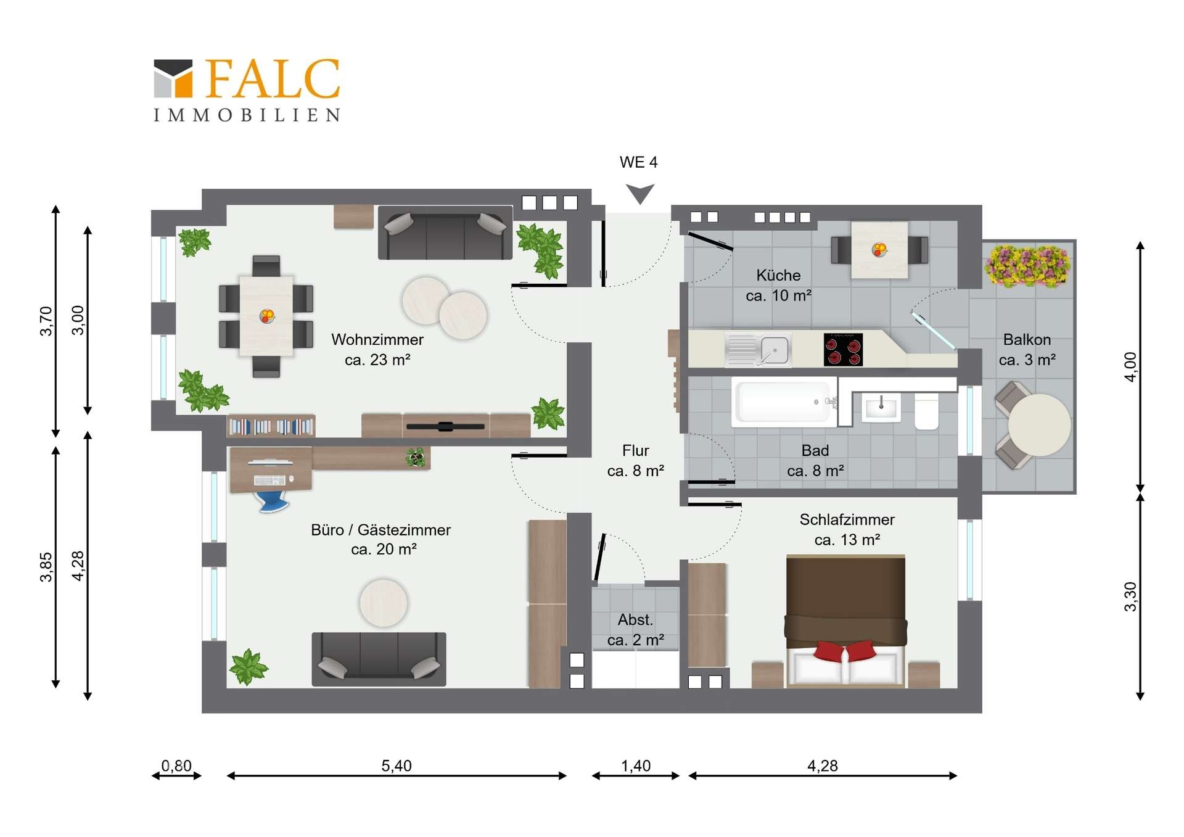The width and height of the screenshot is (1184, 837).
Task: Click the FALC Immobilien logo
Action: tap(247, 90)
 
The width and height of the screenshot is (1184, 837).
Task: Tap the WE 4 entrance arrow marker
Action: tap(639, 194)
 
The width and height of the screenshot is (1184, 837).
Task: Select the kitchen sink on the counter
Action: tap(758, 350)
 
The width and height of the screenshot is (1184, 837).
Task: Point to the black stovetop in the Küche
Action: tap(843, 350)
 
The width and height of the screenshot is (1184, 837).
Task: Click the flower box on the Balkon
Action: tap(1027, 266)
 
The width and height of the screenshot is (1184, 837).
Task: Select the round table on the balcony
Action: tap(1040, 425)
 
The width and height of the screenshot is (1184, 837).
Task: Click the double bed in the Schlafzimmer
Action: tap(845, 621)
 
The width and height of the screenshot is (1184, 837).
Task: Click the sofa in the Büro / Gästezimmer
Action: tap(379, 659)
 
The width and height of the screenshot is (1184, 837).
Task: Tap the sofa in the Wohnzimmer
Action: tap(445, 233)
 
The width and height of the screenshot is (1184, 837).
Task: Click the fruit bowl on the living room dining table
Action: tap(266, 316)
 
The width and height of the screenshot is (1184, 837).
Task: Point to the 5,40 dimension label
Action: tap(397, 765)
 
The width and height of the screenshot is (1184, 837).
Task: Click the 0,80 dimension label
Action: tap(176, 765)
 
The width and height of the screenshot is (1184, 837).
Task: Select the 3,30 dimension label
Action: tap(1130, 596)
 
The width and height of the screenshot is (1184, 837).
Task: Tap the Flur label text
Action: tap(635, 450)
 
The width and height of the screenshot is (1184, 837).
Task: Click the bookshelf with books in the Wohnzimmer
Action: tap(271, 426)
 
